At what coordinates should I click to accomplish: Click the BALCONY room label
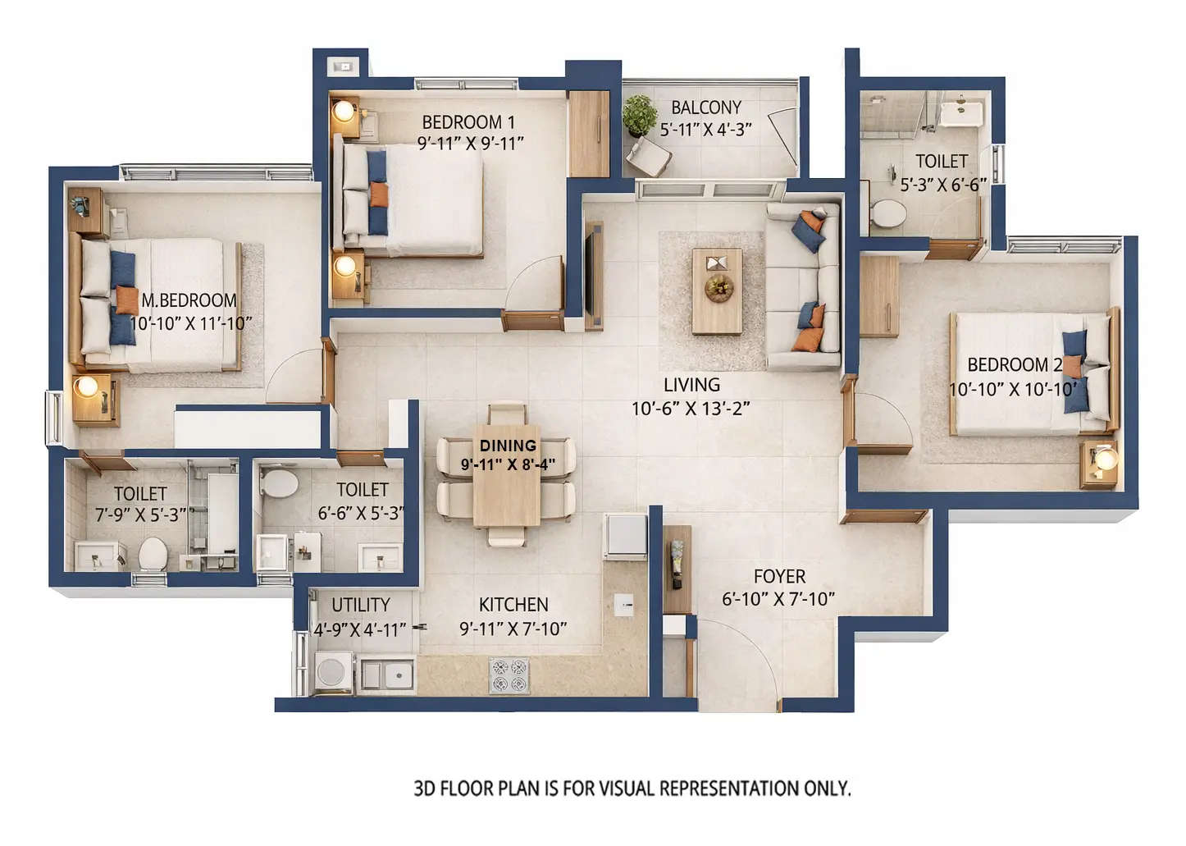[x=705, y=107]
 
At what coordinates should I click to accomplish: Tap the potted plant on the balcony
[x=639, y=114]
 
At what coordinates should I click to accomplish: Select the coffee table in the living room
[x=717, y=291]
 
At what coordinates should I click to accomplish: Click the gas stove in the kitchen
[x=509, y=675]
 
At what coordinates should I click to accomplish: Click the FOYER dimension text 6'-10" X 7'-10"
[x=778, y=600]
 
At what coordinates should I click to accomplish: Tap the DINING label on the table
[x=508, y=446]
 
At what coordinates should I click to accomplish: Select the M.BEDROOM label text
[x=189, y=300]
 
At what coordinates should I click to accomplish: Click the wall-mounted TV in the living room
[x=593, y=276]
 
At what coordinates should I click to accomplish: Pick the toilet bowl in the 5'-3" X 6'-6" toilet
[x=887, y=213]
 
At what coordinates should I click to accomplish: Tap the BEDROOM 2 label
[x=1014, y=365]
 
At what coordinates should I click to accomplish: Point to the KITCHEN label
[x=513, y=605]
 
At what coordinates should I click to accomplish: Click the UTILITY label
[x=360, y=605]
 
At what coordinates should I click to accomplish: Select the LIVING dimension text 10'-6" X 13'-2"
[x=691, y=409]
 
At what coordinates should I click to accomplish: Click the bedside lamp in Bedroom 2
[x=1105, y=459]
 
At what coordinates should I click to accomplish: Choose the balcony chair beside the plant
[x=650, y=157]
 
